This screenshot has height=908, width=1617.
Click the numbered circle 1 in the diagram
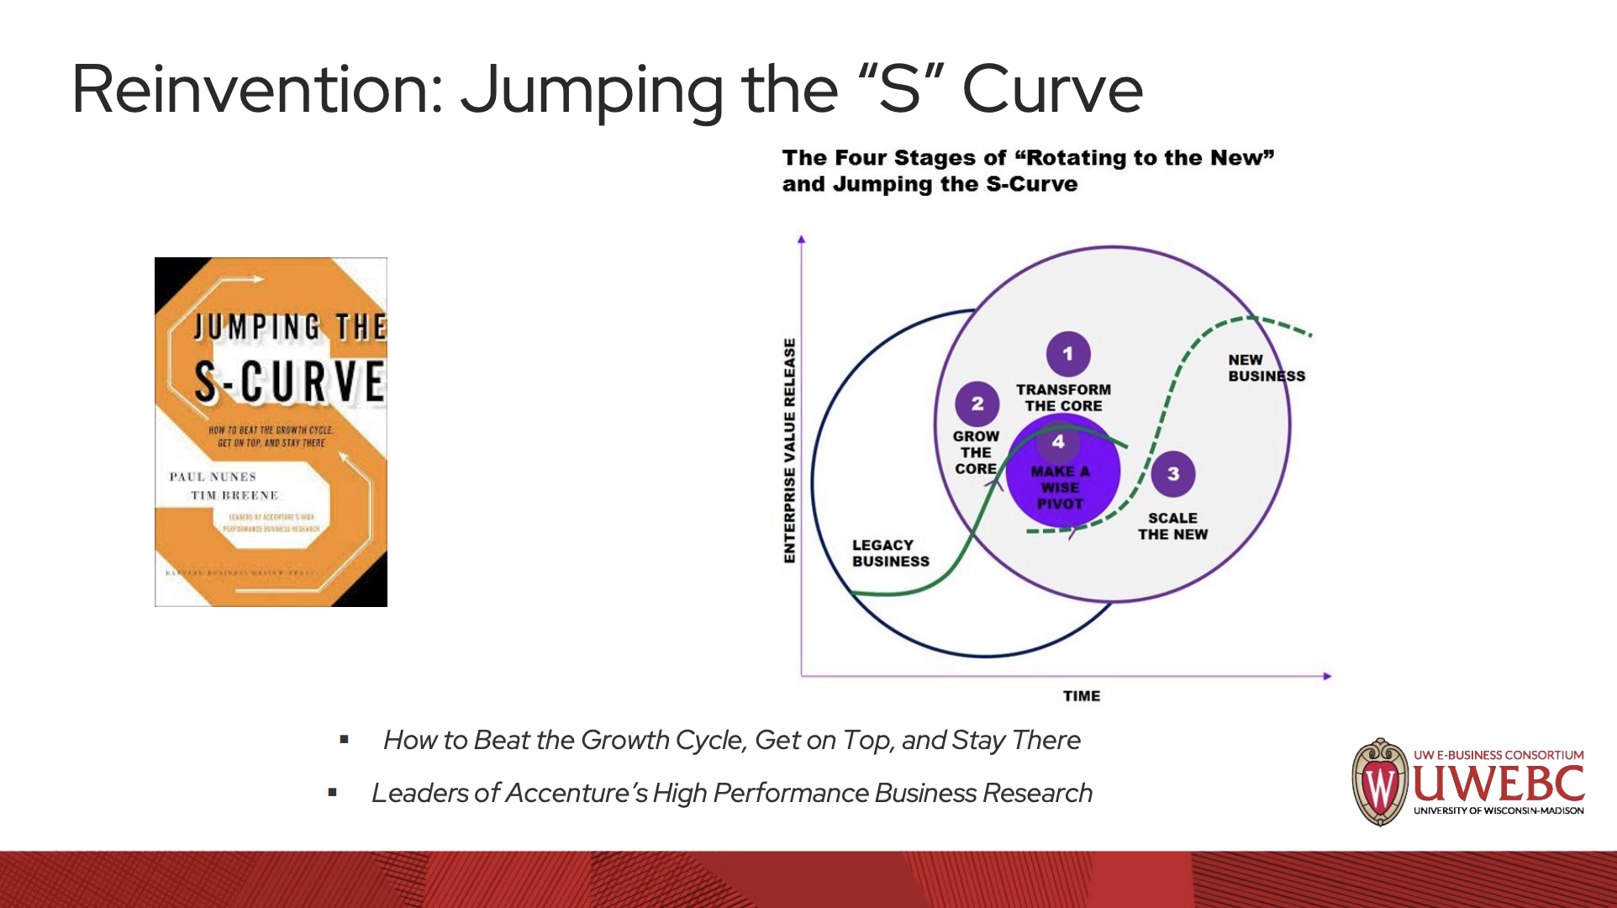tap(1067, 354)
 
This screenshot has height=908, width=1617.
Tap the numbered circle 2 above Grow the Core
tap(977, 404)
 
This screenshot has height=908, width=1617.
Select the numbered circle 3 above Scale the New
tap(1172, 474)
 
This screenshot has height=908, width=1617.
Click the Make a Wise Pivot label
tap(1060, 488)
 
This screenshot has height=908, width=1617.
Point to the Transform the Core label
tap(1063, 398)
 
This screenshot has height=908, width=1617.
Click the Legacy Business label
tap(890, 553)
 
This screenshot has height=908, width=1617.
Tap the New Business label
tap(1266, 368)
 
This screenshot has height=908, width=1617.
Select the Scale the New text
tap(1172, 526)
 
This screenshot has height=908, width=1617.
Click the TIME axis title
tap(1081, 696)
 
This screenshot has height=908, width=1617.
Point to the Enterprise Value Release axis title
tap(789, 450)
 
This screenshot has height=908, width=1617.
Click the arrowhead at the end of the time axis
tap(1327, 676)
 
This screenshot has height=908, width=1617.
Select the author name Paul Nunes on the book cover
tap(213, 477)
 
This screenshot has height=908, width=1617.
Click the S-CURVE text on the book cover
tap(289, 382)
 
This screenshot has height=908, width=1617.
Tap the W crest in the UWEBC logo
tap(1378, 783)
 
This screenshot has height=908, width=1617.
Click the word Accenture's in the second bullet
tap(576, 793)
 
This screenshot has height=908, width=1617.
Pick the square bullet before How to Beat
tap(344, 740)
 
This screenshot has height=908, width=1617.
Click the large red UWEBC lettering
tap(1498, 784)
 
